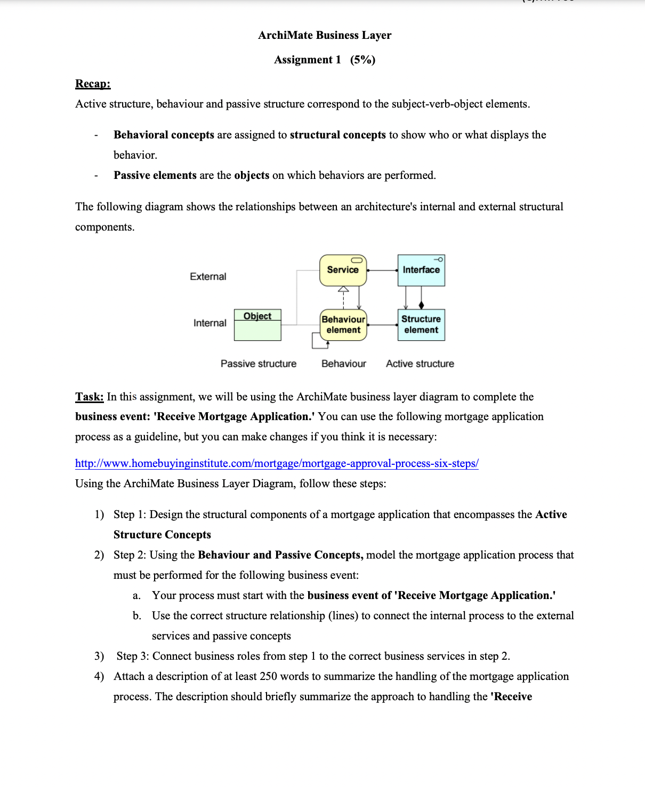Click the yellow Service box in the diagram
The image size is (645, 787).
pyautogui.click(x=343, y=270)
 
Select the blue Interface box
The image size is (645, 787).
pyautogui.click(x=421, y=270)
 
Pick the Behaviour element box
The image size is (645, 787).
pyautogui.click(x=343, y=325)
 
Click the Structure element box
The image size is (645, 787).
pyautogui.click(x=421, y=325)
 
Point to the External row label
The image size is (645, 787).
pyautogui.click(x=208, y=276)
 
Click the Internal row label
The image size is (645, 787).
pyautogui.click(x=209, y=323)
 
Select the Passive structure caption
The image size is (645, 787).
pyautogui.click(x=259, y=364)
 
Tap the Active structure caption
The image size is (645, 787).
pyautogui.click(x=420, y=364)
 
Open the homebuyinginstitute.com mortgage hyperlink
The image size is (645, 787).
pyautogui.click(x=277, y=463)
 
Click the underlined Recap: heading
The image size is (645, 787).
pyautogui.click(x=93, y=84)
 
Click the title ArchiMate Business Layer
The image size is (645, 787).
pyautogui.click(x=325, y=35)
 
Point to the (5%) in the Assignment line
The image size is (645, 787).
pyautogui.click(x=362, y=60)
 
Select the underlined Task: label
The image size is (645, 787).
pyautogui.click(x=89, y=397)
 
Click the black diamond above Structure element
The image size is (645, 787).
pyautogui.click(x=422, y=305)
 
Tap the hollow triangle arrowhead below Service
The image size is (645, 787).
pyautogui.click(x=343, y=289)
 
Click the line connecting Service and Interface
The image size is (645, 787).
pyautogui.click(x=382, y=270)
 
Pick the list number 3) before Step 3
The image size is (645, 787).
pyautogui.click(x=99, y=656)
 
